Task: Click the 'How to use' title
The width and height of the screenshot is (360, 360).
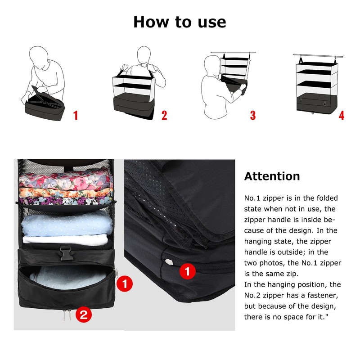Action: coord(180,22)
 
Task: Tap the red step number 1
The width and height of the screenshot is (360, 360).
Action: coord(76,115)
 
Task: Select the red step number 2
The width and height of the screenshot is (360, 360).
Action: coord(164,115)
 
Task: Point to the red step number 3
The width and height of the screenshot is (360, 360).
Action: coord(253,115)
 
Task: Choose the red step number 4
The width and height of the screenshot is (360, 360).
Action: coord(342,115)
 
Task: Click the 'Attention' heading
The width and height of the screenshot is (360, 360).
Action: coord(272,176)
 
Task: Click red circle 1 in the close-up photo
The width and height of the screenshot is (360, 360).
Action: coord(188,271)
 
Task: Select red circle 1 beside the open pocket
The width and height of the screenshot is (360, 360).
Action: coord(125,283)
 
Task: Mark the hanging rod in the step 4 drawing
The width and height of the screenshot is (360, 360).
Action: coord(318,56)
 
